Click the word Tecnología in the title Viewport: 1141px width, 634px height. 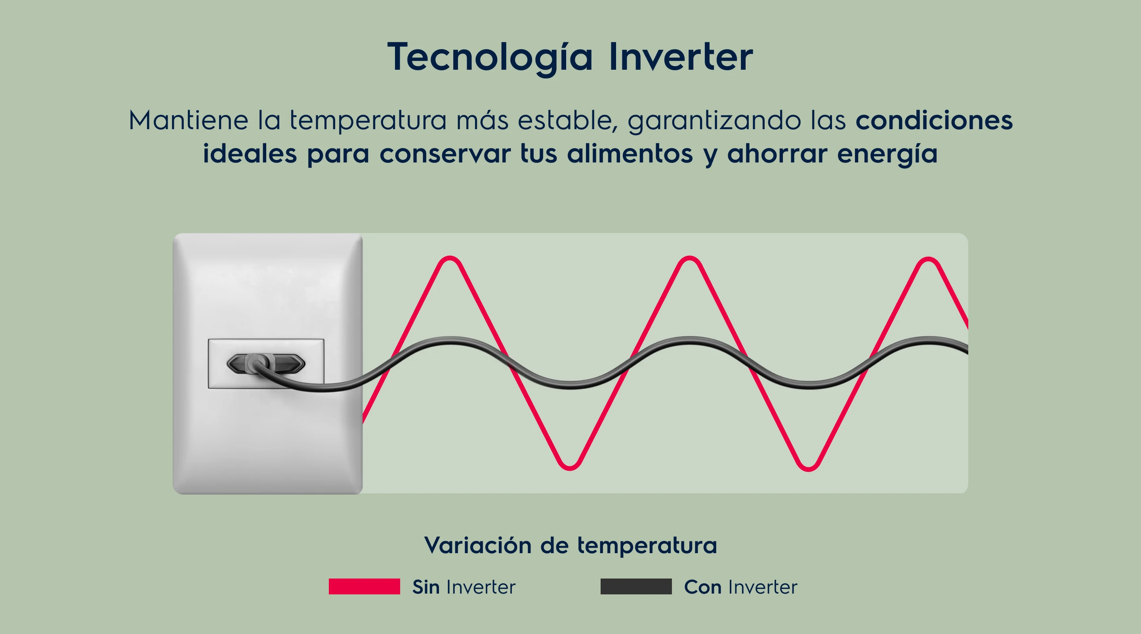coord(490,57)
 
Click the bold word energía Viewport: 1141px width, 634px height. coord(887,154)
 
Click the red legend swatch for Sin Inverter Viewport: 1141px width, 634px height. coord(364,586)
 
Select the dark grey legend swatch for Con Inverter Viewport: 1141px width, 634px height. coord(636,586)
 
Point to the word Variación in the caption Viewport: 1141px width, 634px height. coord(477,545)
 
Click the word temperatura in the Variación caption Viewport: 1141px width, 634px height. coord(647,545)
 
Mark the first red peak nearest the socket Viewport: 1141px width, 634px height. coord(450,258)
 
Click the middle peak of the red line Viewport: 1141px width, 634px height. coord(689,258)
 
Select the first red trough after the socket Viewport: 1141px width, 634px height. coord(570,468)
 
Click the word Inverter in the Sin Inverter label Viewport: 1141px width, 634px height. coord(481,586)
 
